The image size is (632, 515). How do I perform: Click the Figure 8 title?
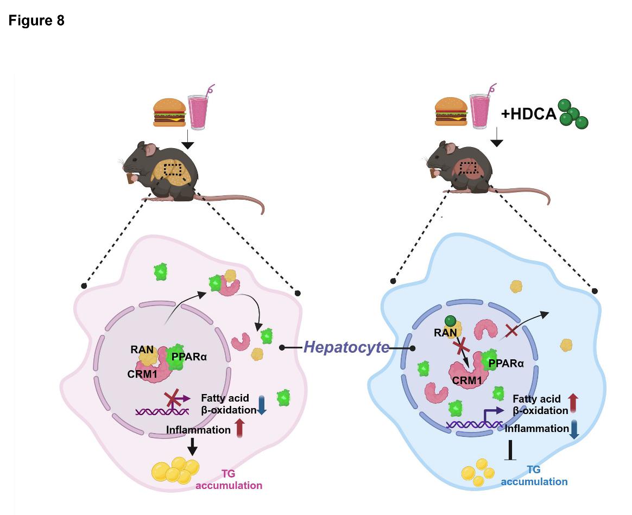coord(36,21)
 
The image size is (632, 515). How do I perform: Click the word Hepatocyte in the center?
coord(346,347)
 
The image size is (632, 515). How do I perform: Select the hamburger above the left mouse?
coord(169,112)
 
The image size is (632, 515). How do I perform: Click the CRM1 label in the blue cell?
coord(467,380)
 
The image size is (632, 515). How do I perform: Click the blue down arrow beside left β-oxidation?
coord(262,405)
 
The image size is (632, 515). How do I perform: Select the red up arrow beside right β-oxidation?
coord(574,404)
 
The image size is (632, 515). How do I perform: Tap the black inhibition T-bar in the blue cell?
coord(510,450)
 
